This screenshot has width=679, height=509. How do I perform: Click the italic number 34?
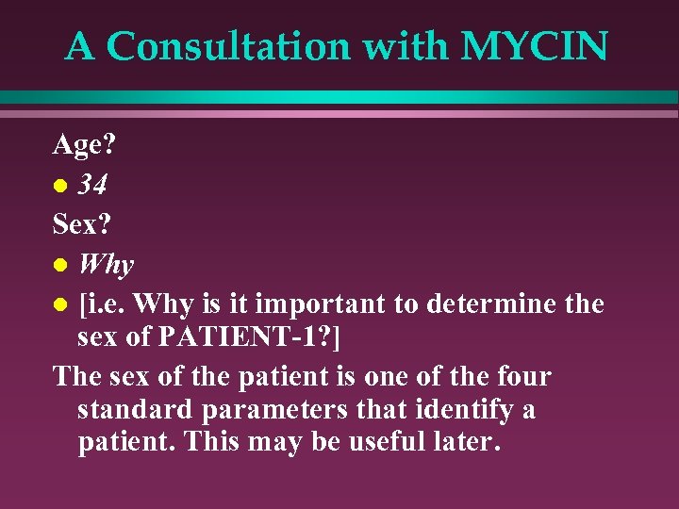coord(92,186)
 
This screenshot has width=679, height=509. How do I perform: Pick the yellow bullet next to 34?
coord(59,188)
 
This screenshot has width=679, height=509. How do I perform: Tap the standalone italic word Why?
coord(106,266)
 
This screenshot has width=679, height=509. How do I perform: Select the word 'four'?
coord(521,377)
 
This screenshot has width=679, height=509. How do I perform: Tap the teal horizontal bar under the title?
coord(339,97)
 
